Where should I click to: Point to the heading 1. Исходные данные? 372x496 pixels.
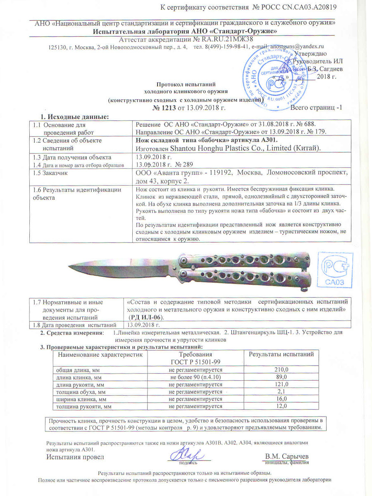pyautogui.click(x=74, y=117)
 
